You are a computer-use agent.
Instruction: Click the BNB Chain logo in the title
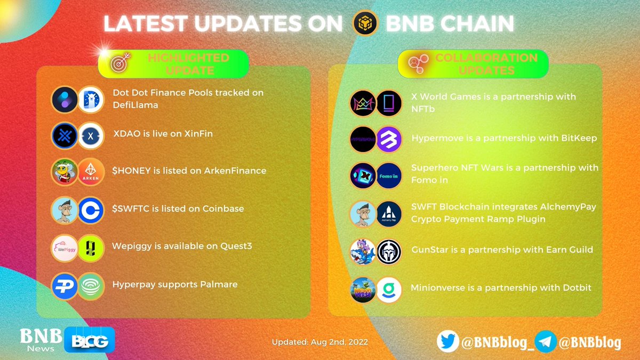366,23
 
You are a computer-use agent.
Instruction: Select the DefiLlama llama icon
91,100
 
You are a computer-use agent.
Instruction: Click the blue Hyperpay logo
65,286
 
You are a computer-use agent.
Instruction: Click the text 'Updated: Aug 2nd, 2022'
319,342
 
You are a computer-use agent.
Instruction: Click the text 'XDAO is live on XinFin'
162,133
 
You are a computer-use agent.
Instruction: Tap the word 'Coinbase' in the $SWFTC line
223,209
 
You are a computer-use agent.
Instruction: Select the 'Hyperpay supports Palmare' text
174,284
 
